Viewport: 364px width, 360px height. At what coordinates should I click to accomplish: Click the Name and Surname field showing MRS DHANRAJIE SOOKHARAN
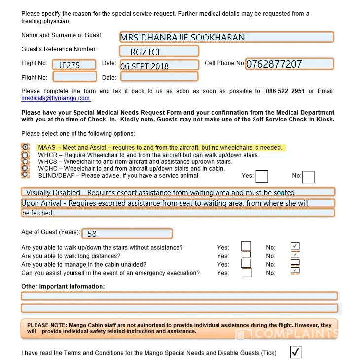coord(226,37)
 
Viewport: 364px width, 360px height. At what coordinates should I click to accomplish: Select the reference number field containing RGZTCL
coord(159,51)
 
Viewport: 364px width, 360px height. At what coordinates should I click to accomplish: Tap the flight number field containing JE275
coord(74,65)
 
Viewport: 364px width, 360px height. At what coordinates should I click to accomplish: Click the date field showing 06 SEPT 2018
coord(159,65)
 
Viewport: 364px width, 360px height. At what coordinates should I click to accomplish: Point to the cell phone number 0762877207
coord(290,64)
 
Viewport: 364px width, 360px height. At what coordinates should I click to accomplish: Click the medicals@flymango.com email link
coord(56,98)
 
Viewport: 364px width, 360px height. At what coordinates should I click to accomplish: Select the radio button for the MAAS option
coord(25,147)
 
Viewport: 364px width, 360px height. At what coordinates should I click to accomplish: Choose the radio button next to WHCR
coord(25,155)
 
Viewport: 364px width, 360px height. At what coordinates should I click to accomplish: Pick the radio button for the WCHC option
coord(25,168)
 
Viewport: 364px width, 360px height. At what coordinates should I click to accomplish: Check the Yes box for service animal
coord(262,176)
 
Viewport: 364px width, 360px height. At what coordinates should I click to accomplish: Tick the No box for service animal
coord(308,176)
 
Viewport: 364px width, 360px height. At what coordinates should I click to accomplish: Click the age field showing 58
coord(127,233)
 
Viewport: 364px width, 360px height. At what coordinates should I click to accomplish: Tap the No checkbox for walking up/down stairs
coord(295,246)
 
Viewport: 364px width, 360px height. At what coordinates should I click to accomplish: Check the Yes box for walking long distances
coord(246,255)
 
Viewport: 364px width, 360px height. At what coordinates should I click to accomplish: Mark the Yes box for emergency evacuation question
coord(247,272)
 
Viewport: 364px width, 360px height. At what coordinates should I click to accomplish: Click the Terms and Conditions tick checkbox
coord(296,352)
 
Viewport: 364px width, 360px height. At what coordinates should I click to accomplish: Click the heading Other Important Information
coord(63,286)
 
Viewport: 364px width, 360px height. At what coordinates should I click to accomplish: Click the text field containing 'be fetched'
coord(178,213)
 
